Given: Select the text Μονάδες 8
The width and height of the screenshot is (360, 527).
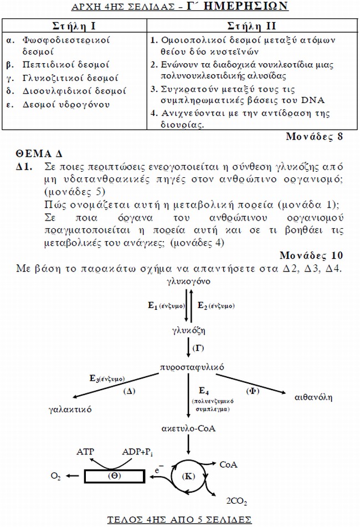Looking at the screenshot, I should pos(315,137).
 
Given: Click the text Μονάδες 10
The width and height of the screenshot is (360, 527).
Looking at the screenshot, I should pos(311,255).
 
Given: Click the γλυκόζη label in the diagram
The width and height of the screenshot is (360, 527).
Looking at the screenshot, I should pos(188,331).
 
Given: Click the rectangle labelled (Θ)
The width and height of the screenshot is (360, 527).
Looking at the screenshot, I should pos(116,475).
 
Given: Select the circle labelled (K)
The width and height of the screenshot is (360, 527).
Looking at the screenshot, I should pos(188,476).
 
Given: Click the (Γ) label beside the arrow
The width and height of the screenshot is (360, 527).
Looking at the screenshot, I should pos(198,347).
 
